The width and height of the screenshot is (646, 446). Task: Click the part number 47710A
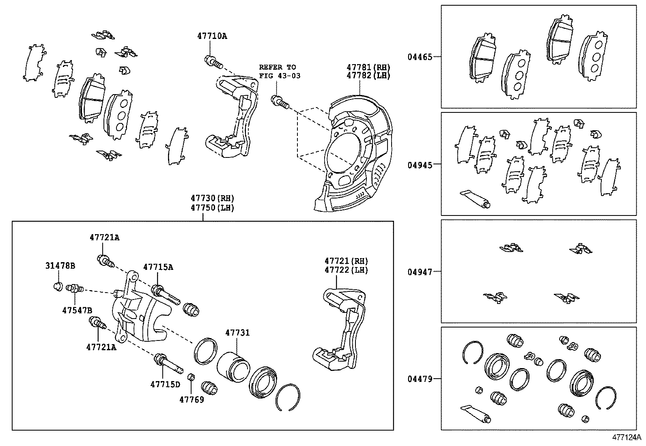pos(212,36)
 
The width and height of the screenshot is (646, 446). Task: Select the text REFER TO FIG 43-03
pos(280,71)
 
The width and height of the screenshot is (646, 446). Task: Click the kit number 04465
pos(420,57)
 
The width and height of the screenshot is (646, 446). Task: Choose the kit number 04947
pos(420,271)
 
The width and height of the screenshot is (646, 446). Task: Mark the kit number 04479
pos(420,379)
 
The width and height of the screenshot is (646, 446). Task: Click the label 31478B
pos(60,266)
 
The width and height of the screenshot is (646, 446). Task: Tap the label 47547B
pos(77,310)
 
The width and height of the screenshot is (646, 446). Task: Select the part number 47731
pos(237,333)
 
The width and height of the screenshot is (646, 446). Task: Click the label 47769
pos(192,399)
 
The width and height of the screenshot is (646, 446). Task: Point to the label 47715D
pos(165,384)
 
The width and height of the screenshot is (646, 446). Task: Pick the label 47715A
pos(158,267)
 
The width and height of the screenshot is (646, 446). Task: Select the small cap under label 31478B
pos(58,287)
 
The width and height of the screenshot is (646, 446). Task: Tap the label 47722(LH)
pos(346,270)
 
